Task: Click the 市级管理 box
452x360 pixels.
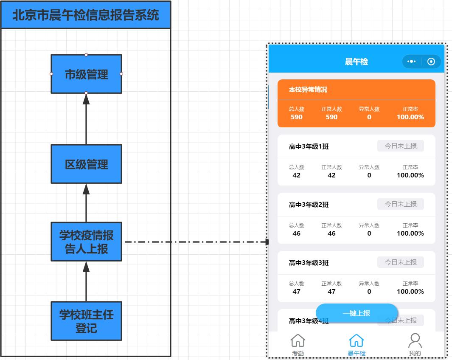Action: (x=86, y=74)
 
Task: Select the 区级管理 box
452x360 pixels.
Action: (x=86, y=164)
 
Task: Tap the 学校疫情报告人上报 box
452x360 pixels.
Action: (x=86, y=242)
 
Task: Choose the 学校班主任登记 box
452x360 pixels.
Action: (x=86, y=321)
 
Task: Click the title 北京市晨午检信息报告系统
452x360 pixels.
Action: (x=86, y=15)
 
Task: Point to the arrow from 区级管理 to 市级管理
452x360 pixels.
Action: (x=86, y=119)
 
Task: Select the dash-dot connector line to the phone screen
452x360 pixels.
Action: (x=197, y=242)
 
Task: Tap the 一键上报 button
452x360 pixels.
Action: (x=357, y=313)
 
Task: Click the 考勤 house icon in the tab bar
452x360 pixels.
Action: (x=298, y=341)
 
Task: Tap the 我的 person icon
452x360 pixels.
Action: (x=415, y=341)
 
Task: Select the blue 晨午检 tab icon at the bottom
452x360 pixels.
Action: (x=357, y=341)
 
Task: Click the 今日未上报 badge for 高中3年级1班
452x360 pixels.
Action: (x=401, y=146)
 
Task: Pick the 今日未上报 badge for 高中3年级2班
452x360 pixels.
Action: (x=401, y=204)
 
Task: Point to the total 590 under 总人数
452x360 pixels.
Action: (x=296, y=117)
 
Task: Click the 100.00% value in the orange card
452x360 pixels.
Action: (x=410, y=117)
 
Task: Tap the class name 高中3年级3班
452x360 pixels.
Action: (x=309, y=263)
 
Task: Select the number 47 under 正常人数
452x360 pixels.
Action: (x=331, y=291)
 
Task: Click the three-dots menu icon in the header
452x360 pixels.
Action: (x=411, y=62)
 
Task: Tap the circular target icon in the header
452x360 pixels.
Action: (x=431, y=62)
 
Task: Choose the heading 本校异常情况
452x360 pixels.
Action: (x=308, y=90)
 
